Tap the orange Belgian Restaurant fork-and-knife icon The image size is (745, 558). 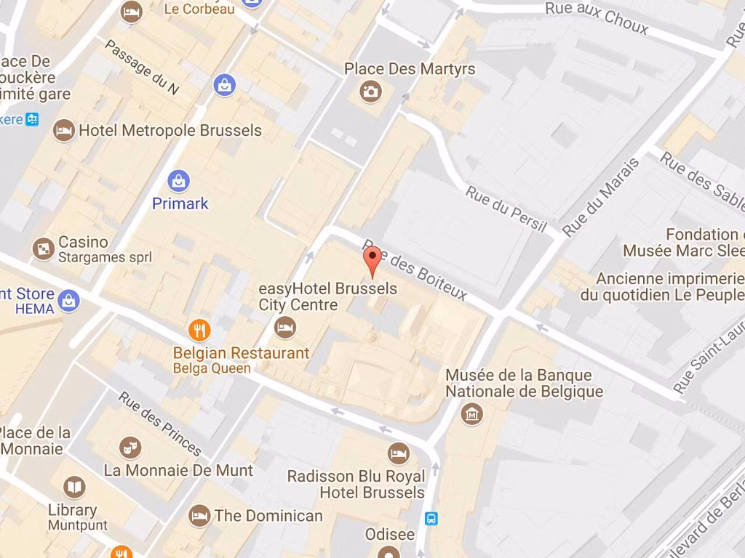point(199,331)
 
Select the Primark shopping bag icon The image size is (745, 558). point(178,179)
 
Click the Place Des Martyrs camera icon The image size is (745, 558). point(370,92)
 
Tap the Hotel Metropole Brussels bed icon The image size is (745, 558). point(64,131)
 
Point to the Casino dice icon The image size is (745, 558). point(44,249)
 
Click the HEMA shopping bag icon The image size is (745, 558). point(69,300)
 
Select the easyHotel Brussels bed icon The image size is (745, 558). point(285,327)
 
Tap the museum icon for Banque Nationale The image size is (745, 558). point(473,414)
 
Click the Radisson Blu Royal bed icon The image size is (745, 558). point(398,453)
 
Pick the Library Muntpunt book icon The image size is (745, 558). point(73,487)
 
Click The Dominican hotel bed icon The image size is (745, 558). point(199,516)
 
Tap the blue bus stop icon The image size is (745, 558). point(431,518)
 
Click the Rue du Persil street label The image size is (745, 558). point(506,209)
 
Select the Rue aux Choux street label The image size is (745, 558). point(596,17)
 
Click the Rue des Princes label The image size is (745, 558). point(160,424)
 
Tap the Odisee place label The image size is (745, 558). point(390,535)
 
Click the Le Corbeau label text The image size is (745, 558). point(199,9)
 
